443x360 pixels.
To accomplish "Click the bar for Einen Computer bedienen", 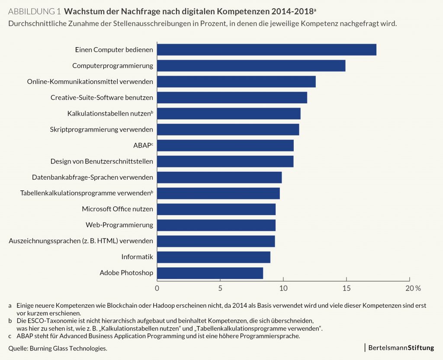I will (x=266, y=50).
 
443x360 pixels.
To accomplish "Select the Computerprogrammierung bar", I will (x=251, y=66).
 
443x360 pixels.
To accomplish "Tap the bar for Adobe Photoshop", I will (x=210, y=273).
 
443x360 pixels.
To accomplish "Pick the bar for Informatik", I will (x=213, y=257).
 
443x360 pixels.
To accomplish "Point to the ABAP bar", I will (x=225, y=145).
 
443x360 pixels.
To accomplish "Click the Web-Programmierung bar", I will (x=216, y=225).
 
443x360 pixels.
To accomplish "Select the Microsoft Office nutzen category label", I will (x=117, y=209).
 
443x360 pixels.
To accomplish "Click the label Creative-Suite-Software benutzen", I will (x=102, y=97).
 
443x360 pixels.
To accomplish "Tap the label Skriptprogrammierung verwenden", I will (x=102, y=129).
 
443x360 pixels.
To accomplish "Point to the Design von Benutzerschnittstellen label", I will (x=102, y=161).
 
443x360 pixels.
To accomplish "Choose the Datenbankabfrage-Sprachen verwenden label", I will (x=93, y=177).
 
